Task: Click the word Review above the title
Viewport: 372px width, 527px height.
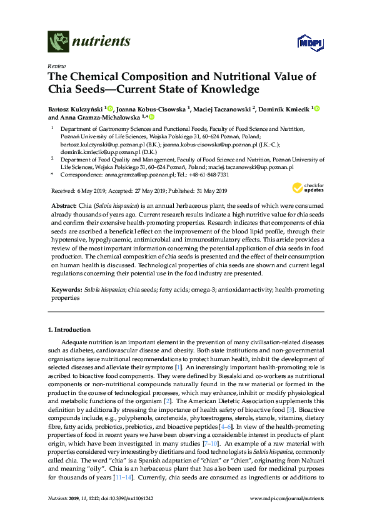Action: [56, 66]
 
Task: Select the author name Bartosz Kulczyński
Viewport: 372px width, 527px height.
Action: [75, 108]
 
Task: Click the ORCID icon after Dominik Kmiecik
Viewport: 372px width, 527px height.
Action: [316, 109]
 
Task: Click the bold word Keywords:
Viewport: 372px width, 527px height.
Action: [66, 290]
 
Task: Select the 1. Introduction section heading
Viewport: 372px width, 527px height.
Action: [69, 330]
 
